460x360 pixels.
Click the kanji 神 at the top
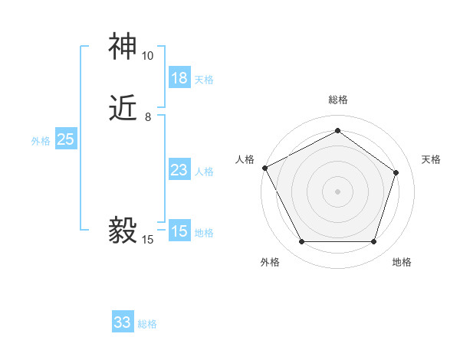(x=123, y=47)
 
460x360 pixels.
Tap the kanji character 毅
(x=123, y=229)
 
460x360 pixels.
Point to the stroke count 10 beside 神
(x=147, y=56)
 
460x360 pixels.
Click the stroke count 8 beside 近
(x=147, y=117)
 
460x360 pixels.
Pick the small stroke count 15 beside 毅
(x=147, y=240)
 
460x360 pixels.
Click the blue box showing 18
(x=179, y=78)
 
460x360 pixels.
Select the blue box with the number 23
(x=179, y=170)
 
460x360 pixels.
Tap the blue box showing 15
(x=179, y=231)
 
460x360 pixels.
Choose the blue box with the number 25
(x=65, y=139)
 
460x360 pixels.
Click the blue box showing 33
(x=123, y=322)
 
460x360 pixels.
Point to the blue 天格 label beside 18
(x=204, y=79)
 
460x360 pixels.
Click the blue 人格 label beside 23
(x=204, y=171)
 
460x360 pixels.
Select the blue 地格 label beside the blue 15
(x=204, y=232)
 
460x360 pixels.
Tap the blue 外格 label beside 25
(x=41, y=140)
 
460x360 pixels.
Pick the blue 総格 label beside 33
(x=147, y=323)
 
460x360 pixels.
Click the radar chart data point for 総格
(x=337, y=130)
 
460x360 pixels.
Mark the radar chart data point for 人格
(x=264, y=168)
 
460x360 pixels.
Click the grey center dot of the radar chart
(x=337, y=191)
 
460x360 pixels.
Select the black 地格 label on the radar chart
(x=402, y=262)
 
